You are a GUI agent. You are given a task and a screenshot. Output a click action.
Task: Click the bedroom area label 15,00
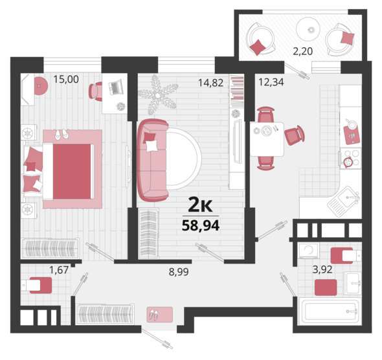[x=66, y=79]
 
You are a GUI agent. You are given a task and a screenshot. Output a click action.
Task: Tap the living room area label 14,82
[x=210, y=83]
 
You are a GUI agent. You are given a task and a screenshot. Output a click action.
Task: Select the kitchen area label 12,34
[x=271, y=82]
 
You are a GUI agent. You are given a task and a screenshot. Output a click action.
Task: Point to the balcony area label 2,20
[x=302, y=51]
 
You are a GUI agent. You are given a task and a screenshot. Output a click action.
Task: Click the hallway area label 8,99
[x=179, y=272]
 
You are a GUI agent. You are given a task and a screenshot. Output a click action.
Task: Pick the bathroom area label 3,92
[x=322, y=269]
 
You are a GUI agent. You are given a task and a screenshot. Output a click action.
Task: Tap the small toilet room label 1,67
[x=59, y=270]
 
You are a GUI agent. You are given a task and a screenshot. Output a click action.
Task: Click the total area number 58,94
[x=201, y=225]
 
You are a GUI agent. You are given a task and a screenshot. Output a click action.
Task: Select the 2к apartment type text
[x=201, y=205]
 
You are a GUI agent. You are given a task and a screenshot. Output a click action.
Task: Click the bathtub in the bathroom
[x=330, y=311]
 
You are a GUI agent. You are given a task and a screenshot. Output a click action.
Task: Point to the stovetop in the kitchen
[x=351, y=159]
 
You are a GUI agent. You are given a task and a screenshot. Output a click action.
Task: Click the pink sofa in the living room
[x=153, y=160]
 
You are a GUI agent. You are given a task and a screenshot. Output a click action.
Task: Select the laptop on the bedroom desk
[x=116, y=87]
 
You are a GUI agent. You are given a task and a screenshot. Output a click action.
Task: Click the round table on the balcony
[x=308, y=29]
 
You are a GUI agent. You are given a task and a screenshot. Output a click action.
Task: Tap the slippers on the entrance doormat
[x=153, y=314]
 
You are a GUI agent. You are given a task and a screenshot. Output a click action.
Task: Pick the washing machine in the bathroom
[x=309, y=251]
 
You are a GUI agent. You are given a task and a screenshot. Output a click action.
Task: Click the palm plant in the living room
[x=158, y=95]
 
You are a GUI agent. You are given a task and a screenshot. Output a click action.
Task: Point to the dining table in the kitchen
[x=267, y=139]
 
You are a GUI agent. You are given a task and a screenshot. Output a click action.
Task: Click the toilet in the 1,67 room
[x=36, y=285]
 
